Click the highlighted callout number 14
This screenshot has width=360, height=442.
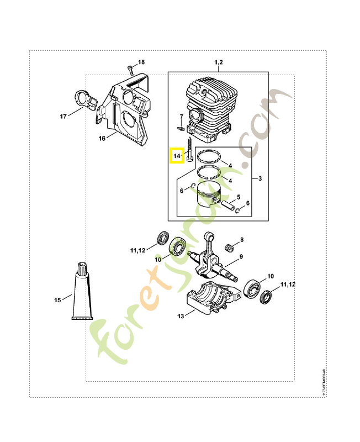pos(177,156)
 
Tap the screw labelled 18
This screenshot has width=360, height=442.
pos(130,69)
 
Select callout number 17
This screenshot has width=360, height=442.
pos(63,117)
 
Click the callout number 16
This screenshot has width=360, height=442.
pos(102,138)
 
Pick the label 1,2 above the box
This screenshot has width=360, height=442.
pos(218,63)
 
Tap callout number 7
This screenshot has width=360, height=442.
pos(181,116)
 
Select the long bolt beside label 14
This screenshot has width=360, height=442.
pos(189,150)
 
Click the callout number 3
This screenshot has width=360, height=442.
pos(260,178)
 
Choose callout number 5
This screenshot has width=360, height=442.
pos(239,197)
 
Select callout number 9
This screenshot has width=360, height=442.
pos(241,257)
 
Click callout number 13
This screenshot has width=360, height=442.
pos(181,316)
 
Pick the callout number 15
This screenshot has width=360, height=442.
pos(57,300)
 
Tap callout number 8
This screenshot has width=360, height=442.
pos(241,241)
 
